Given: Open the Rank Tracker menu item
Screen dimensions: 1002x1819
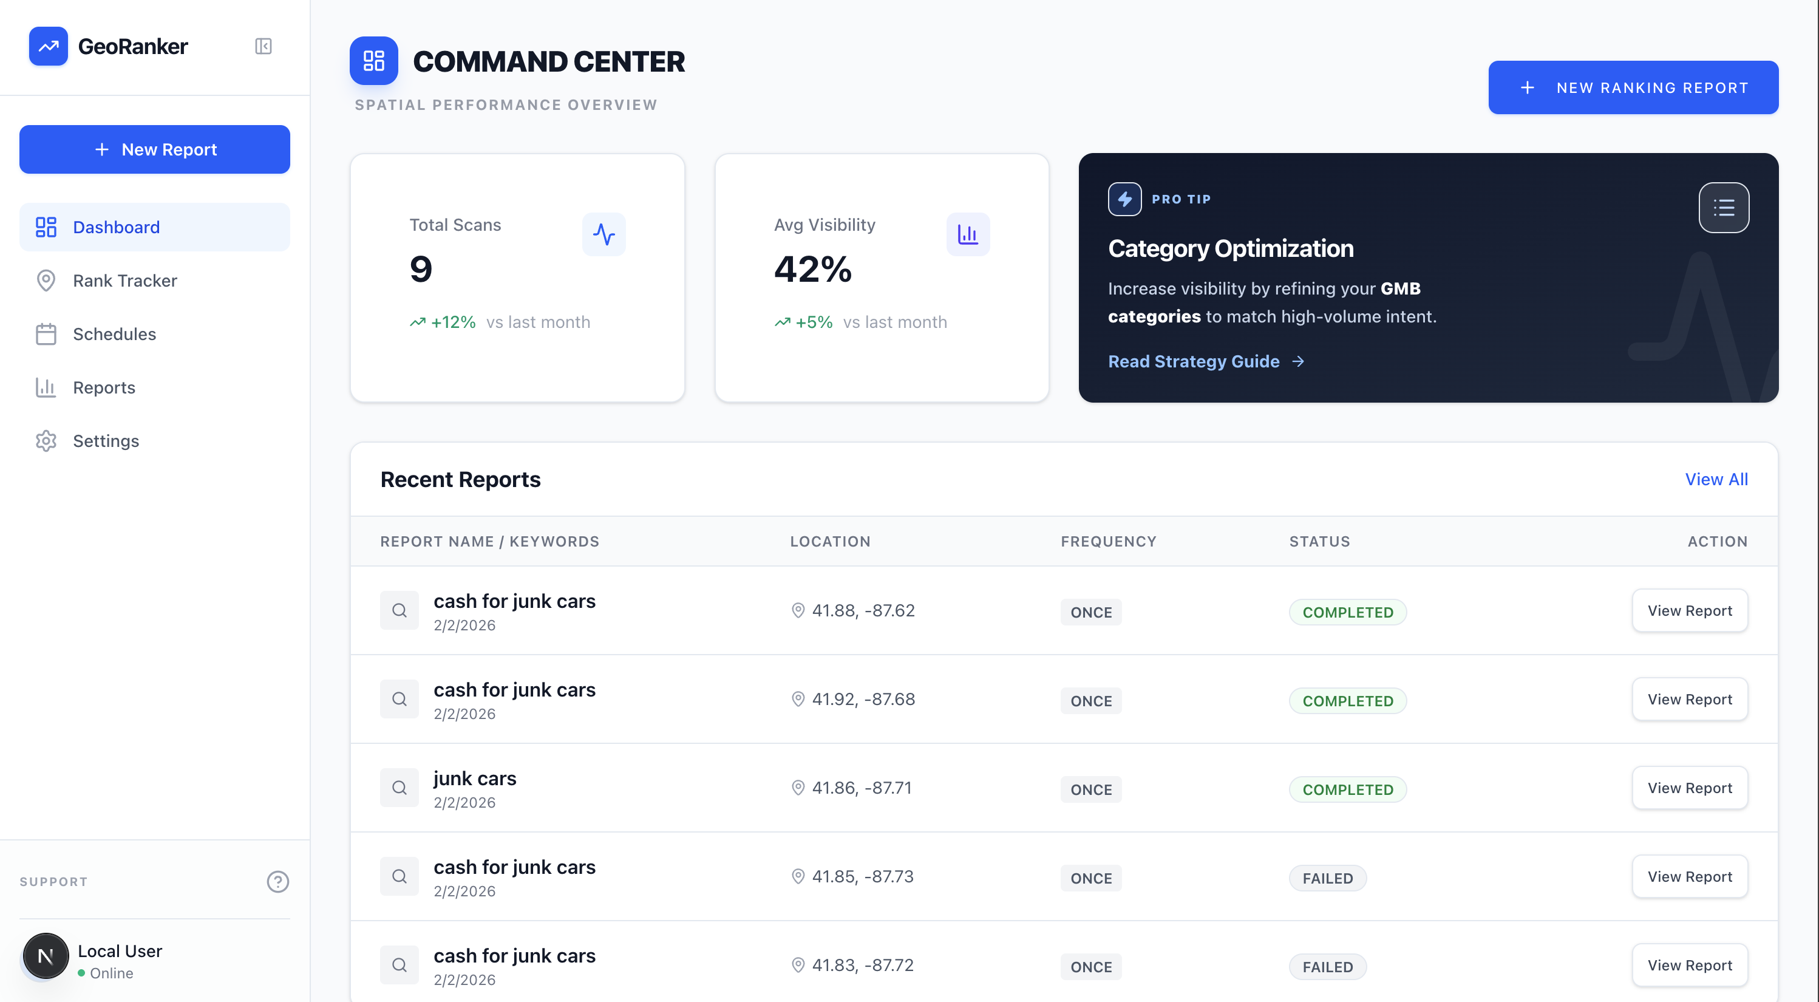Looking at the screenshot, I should (x=125, y=281).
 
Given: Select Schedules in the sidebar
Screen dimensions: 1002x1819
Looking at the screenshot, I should (x=114, y=334).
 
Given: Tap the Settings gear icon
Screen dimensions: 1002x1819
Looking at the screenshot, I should (x=46, y=441).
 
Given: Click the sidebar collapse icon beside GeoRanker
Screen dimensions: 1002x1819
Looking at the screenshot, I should (x=263, y=47).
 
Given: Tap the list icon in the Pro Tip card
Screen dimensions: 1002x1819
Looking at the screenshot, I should (x=1723, y=208).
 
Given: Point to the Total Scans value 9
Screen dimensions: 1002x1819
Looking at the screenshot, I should (x=421, y=269).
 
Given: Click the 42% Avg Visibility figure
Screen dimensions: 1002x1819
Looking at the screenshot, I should (x=813, y=269).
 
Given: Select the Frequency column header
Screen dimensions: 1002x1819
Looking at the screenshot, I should (x=1108, y=541).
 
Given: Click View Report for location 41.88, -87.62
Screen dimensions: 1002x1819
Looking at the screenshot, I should (x=1689, y=611).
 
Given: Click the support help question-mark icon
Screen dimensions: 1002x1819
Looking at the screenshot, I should (x=277, y=881).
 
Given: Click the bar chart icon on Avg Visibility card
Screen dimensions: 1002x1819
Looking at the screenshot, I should (x=967, y=234).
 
